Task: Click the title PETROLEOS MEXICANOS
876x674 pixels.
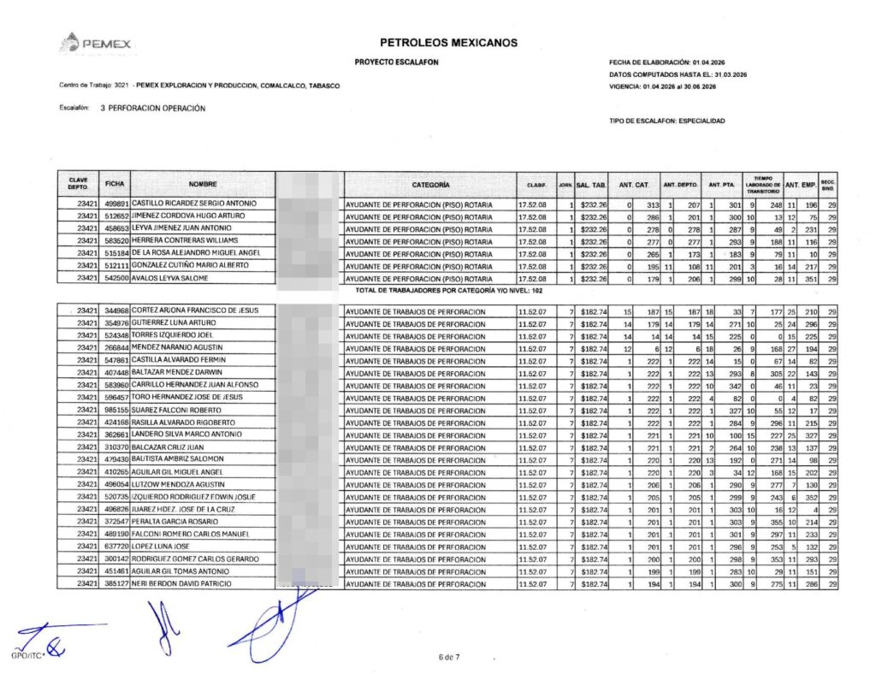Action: tap(447, 43)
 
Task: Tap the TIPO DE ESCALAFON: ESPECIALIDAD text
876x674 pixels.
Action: tap(666, 121)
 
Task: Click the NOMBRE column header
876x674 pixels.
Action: tap(203, 184)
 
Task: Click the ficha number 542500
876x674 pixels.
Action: tap(116, 278)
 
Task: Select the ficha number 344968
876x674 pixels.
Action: tap(116, 310)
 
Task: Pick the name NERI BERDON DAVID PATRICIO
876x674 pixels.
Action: tap(181, 583)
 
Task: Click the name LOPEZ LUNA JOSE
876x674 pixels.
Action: tap(161, 547)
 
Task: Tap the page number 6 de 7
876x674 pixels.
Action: tap(448, 657)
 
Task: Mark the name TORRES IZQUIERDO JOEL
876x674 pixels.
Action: tap(166, 334)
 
